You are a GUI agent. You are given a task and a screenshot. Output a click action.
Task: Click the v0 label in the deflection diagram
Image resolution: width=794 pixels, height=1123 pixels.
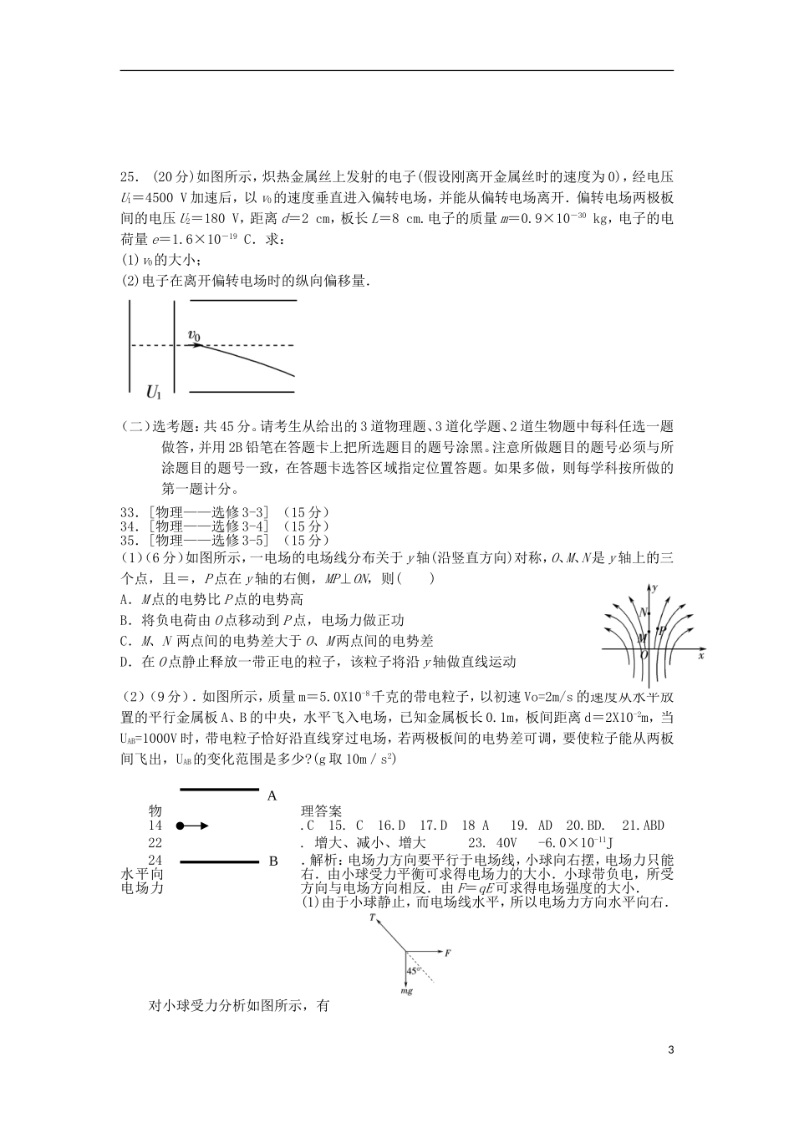[194, 336]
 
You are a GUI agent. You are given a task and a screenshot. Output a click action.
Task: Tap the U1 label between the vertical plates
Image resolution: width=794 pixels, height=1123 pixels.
[154, 390]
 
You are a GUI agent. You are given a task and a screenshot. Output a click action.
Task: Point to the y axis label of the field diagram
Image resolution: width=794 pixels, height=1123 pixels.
[658, 588]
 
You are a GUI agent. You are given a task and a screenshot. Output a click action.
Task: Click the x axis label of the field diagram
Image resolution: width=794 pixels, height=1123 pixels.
[700, 657]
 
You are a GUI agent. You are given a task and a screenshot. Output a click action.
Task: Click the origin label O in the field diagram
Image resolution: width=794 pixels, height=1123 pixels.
[644, 656]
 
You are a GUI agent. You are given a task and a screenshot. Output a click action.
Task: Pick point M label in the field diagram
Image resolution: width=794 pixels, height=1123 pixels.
[642, 638]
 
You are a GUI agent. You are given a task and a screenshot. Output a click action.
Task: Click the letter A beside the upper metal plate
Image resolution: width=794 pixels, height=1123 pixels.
[272, 796]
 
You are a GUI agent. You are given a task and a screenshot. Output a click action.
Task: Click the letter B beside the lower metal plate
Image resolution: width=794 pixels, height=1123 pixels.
[272, 861]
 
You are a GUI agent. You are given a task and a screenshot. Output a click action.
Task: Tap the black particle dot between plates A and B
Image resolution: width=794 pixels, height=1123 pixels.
[180, 826]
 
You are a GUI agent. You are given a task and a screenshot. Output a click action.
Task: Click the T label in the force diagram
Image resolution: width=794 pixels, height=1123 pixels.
[371, 917]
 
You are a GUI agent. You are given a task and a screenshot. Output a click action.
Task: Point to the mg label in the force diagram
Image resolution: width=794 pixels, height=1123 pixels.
[406, 992]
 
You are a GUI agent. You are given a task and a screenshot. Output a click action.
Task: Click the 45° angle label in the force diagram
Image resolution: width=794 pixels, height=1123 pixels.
[412, 972]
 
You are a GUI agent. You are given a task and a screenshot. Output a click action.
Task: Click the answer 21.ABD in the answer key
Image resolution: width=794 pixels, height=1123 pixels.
[641, 826]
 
